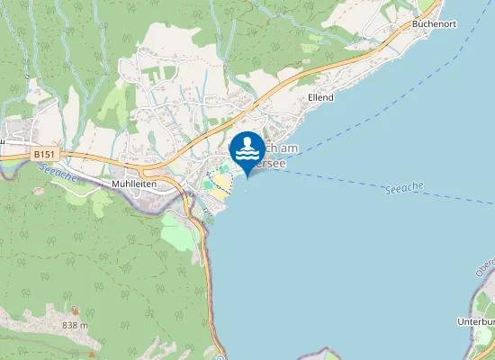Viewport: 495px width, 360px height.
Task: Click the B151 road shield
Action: (x=42, y=155)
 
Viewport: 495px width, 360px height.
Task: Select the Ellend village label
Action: (x=320, y=97)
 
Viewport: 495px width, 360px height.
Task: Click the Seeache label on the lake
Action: (x=402, y=189)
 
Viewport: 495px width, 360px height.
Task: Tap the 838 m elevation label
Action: (x=76, y=324)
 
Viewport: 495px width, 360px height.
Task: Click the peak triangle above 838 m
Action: (x=76, y=312)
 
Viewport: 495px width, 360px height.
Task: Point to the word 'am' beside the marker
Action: (x=288, y=148)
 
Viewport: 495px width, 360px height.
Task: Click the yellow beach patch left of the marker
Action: (x=220, y=181)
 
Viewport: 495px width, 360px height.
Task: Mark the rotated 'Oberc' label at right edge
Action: (x=486, y=265)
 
